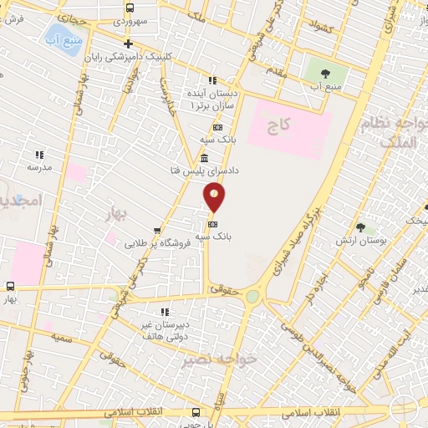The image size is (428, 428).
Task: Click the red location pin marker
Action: click(214, 197)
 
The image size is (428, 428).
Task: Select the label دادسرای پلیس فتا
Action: click(205, 170)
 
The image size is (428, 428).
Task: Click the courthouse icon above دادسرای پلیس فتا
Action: click(205, 158)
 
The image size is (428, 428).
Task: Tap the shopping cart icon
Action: click(157, 232)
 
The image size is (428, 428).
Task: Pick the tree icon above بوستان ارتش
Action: click(360, 227)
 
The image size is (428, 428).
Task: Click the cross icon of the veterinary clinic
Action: click(127, 44)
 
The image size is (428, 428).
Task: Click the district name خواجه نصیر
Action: click(209, 359)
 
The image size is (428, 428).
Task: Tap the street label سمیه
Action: click(60, 338)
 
